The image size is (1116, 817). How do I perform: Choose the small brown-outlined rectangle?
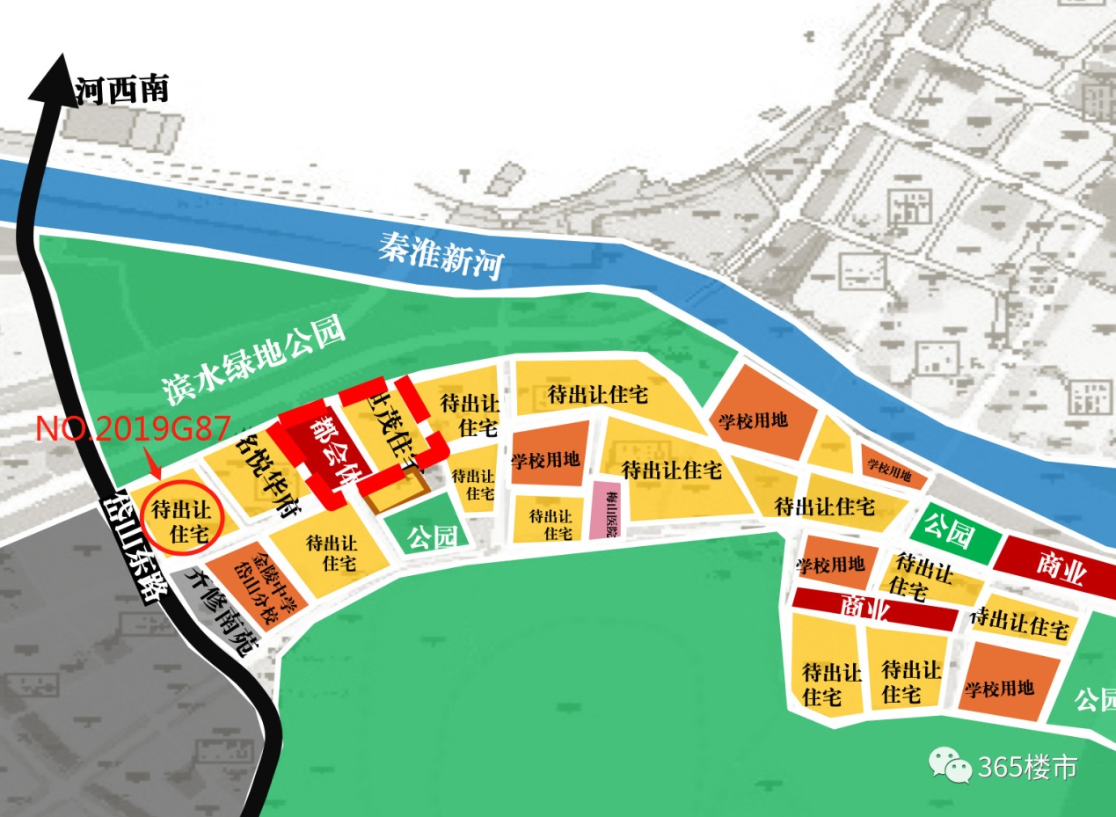coord(397,491)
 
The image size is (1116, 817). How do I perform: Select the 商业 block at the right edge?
coord(1060,563)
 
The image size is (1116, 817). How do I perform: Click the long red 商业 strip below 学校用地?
coord(873,608)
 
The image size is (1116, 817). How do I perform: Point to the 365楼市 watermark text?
coord(1026,767)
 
